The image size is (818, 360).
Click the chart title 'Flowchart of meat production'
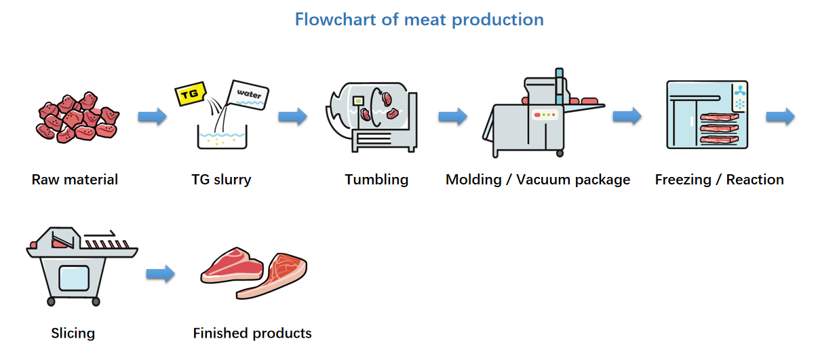tap(419, 19)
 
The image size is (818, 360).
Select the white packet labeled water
tap(248, 96)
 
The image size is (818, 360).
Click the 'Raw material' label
tap(75, 180)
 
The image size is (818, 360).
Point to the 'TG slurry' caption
tap(221, 180)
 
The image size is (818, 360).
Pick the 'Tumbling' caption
tap(376, 180)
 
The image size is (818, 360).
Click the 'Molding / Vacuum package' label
tap(537, 180)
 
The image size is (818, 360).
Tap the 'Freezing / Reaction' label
tap(719, 180)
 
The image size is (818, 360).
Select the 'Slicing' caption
tap(73, 334)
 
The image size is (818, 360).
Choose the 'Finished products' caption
tap(252, 334)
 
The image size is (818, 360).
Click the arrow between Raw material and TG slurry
tap(152, 117)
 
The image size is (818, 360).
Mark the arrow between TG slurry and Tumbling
tap(292, 117)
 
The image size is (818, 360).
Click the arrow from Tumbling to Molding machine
tap(452, 117)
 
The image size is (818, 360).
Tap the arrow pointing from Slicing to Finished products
tap(160, 274)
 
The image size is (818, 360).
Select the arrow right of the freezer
tap(780, 117)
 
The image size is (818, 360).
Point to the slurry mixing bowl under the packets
tap(222, 138)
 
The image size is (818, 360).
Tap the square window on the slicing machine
tap(73, 278)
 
